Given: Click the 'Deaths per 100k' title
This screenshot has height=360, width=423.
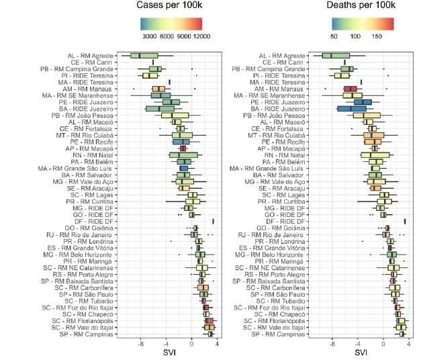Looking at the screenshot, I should [x=360, y=5].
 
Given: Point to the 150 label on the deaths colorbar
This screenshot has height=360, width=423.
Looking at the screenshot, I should [x=377, y=36].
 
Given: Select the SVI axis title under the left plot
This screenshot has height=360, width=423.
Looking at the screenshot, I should [x=169, y=352].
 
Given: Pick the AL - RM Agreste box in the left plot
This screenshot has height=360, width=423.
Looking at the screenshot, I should [x=144, y=56].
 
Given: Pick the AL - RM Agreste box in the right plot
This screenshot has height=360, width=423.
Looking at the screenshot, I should [x=336, y=56].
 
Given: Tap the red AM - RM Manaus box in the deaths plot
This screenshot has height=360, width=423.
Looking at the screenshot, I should [x=350, y=89].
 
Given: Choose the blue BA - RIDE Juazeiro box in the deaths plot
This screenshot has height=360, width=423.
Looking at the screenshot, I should [x=352, y=108].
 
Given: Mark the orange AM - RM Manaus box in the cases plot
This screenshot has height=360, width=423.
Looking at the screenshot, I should [x=158, y=89].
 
